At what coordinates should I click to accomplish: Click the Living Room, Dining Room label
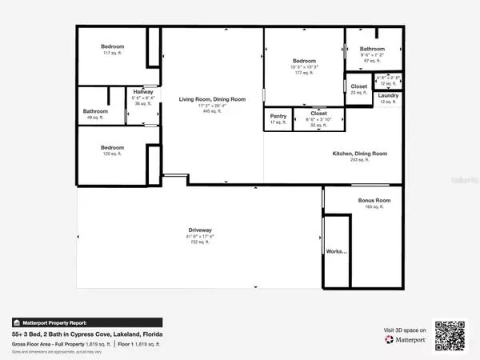[x=213, y=98]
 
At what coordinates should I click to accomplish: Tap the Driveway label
[x=200, y=230]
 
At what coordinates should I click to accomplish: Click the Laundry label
[x=389, y=95]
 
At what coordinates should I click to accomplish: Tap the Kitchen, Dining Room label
[x=360, y=153]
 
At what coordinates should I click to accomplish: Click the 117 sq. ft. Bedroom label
[x=112, y=47]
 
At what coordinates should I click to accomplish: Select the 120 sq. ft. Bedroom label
[x=112, y=147]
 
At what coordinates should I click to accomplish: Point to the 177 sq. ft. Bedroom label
[x=303, y=61]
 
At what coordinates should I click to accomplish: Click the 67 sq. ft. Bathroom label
[x=371, y=49]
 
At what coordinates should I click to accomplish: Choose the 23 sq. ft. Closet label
[x=359, y=86]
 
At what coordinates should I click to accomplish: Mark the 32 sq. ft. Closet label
[x=318, y=114]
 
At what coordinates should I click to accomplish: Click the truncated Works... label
[x=337, y=250]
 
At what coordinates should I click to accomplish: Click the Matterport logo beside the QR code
[x=404, y=339]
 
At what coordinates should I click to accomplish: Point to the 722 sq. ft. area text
[x=200, y=242]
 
